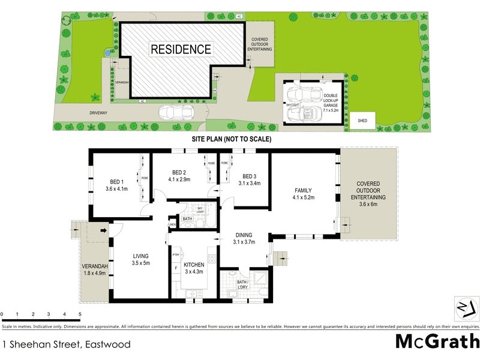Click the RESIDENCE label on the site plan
click(x=181, y=49)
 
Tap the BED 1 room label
click(x=116, y=182)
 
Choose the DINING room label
click(x=244, y=235)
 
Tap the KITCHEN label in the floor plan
click(x=194, y=265)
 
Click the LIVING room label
click(x=140, y=256)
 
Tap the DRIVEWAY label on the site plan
click(x=74, y=112)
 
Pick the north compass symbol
click(x=466, y=307)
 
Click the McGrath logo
click(x=437, y=341)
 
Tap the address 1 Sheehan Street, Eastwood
click(x=67, y=345)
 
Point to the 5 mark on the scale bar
click(x=80, y=314)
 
